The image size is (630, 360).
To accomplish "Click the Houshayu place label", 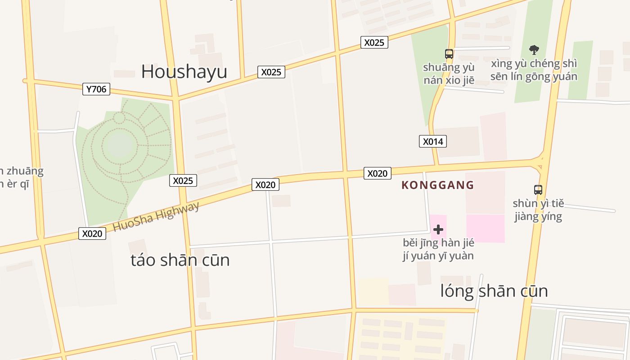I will (x=184, y=72).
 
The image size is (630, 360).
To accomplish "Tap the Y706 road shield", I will (x=96, y=89).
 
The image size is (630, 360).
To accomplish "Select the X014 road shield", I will (x=433, y=142).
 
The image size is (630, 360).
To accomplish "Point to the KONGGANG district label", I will (x=438, y=185).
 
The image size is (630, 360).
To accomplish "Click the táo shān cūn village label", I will (x=180, y=260).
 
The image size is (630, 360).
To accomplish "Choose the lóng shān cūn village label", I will (x=494, y=291).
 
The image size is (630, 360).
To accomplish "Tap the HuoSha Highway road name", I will (x=156, y=217).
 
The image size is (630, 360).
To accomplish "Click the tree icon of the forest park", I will (x=534, y=49).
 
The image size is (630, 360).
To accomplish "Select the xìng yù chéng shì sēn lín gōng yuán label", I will (x=534, y=70).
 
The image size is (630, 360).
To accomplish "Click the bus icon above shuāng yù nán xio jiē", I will (x=449, y=54).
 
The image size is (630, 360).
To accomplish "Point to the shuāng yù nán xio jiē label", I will (x=449, y=74).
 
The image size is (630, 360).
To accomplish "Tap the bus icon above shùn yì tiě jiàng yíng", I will (x=538, y=189).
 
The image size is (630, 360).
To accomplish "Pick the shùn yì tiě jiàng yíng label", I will (x=538, y=210).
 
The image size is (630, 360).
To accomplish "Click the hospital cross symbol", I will (x=438, y=229).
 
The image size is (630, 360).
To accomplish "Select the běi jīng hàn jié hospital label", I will (x=438, y=249).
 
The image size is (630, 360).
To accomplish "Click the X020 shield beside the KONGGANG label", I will (x=377, y=173).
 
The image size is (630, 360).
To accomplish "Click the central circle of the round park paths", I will (x=120, y=145).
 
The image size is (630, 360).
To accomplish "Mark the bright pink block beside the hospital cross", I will (x=485, y=228).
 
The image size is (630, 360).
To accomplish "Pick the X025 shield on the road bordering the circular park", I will (x=183, y=181).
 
